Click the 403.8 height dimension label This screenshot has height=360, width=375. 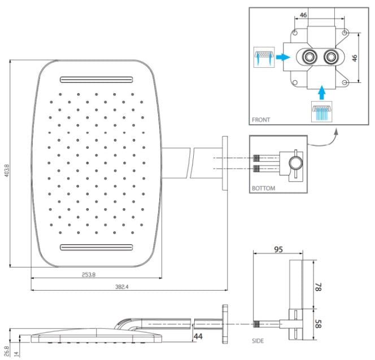7,170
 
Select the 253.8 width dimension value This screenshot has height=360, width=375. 89,275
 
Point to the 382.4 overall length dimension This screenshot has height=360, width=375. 122,287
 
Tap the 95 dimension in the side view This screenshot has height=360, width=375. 278,249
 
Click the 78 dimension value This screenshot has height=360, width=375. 318,287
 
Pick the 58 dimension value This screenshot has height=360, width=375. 318,324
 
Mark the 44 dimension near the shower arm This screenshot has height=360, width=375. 198,336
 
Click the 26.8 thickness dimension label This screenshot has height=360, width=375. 7,351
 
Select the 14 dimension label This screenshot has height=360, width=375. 16,354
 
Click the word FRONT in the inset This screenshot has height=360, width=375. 261,120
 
